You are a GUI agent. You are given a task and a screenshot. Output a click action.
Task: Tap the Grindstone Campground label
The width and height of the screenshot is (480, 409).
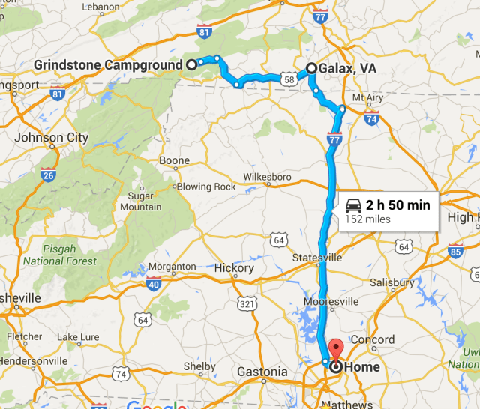pos(108,65)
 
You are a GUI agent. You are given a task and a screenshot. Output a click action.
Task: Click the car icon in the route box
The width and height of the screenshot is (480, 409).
pos(354,205)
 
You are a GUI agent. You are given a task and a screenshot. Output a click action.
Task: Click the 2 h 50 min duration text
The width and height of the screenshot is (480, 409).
pos(397,205)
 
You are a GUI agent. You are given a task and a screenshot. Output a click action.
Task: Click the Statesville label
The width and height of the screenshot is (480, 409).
pos(317,258)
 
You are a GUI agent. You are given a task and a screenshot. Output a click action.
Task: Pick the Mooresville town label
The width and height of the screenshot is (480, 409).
pos(329,301)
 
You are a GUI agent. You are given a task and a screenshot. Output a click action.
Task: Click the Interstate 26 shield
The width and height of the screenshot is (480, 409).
pos(49,175)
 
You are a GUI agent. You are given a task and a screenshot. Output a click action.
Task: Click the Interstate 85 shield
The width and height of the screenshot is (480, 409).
pos(455,252)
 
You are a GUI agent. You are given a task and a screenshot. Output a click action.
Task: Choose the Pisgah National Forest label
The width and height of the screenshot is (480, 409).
pos(59,255)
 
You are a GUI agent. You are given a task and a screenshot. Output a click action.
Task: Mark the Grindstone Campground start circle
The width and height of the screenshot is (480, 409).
pos(191,64)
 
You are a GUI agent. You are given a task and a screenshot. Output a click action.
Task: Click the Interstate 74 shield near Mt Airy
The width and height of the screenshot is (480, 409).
pos(370,117)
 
